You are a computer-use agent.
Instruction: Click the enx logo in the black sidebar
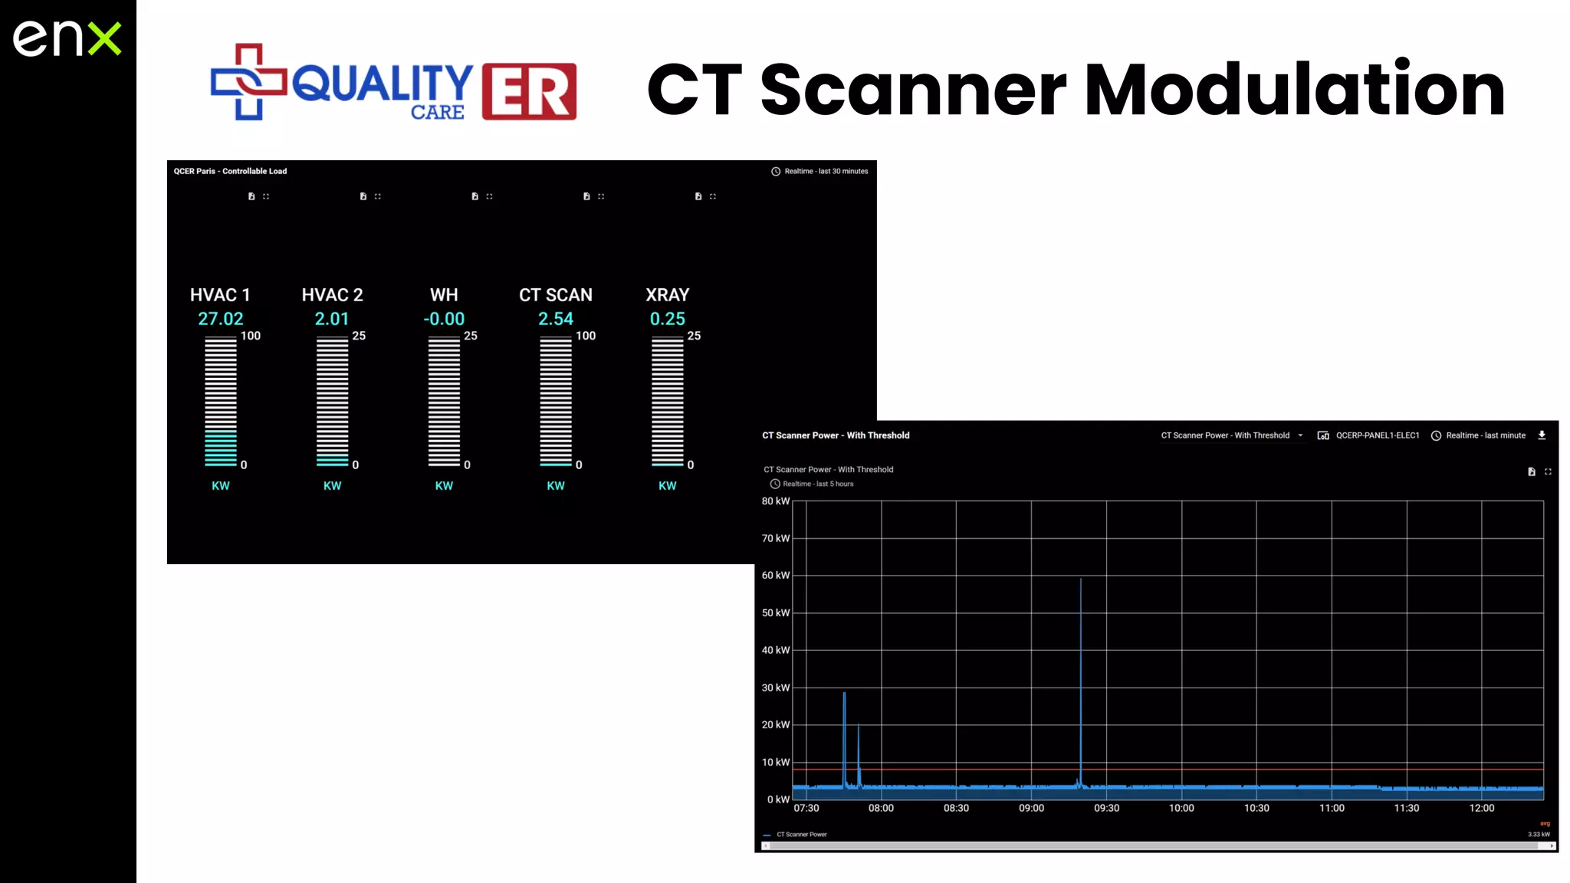click(x=67, y=38)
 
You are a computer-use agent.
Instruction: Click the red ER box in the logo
click(x=529, y=91)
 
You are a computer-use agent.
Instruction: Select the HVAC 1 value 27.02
click(x=220, y=319)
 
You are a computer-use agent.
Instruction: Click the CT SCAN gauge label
click(x=555, y=295)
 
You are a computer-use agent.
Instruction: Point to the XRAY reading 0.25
click(x=667, y=319)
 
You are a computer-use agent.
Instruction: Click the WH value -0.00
click(x=444, y=319)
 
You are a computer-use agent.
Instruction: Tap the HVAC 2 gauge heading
click(x=332, y=295)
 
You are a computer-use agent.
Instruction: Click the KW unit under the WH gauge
click(x=444, y=486)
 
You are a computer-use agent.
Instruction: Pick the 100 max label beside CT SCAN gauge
click(x=586, y=336)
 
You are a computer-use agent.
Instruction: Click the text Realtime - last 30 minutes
click(x=825, y=171)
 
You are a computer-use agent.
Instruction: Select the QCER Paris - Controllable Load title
click(x=230, y=171)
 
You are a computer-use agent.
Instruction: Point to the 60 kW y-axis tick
click(x=775, y=576)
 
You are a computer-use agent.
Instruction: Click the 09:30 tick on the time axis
click(x=1106, y=808)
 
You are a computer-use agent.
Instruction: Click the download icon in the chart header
click(x=1542, y=435)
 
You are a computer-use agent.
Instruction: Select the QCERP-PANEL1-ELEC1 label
click(x=1377, y=435)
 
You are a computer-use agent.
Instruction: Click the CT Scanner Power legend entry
click(x=800, y=835)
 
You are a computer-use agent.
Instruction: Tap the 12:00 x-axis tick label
click(x=1481, y=808)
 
